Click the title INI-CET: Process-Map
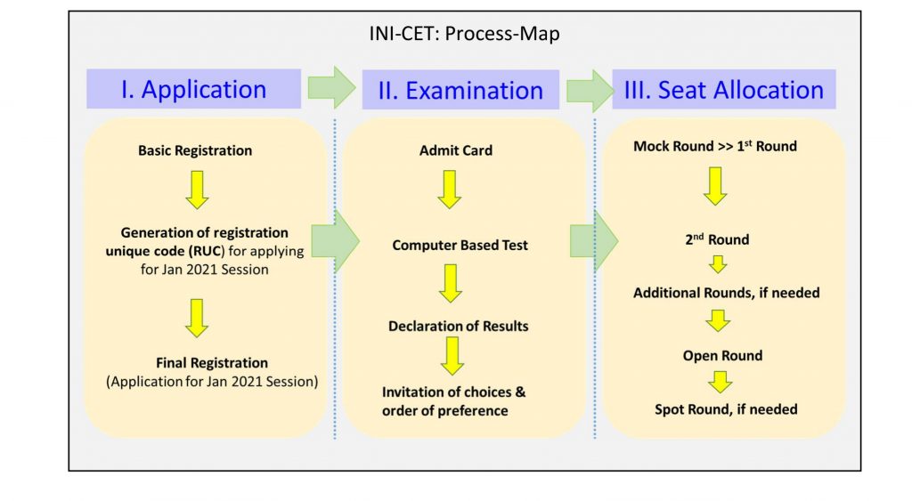(464, 34)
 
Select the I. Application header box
(193, 89)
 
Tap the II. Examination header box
(460, 90)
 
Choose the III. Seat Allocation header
(724, 90)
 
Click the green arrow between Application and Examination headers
(331, 88)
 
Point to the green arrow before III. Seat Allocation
(590, 91)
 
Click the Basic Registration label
(195, 150)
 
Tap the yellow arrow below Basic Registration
(197, 190)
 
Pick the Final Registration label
(212, 363)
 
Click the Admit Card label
(456, 150)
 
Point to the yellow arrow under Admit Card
(450, 190)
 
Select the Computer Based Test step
(460, 246)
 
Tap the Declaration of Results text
(459, 326)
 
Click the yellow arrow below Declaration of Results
(452, 356)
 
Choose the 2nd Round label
(717, 238)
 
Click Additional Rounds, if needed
(727, 293)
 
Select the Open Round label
(722, 356)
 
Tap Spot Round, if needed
(726, 409)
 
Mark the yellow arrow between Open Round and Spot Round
(720, 383)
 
